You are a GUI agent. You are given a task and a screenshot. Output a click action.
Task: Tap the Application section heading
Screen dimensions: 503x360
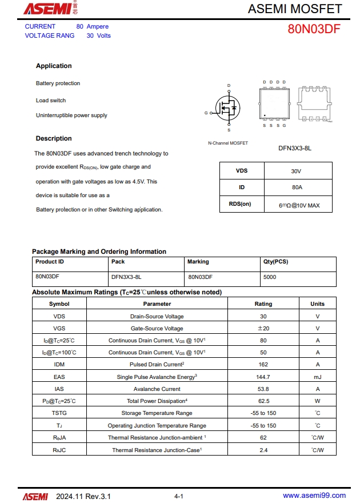click(54, 66)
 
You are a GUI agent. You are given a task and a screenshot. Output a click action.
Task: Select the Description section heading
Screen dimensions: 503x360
click(54, 139)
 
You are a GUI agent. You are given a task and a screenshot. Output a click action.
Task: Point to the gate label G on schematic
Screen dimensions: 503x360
click(206, 113)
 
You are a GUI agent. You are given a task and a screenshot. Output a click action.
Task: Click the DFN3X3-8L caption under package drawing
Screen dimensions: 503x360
click(294, 149)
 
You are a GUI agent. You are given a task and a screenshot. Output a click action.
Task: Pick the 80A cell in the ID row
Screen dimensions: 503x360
click(297, 187)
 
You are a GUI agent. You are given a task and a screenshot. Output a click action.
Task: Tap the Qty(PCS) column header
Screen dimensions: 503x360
click(275, 262)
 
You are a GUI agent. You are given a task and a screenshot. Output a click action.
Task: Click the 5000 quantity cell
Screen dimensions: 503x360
click(270, 277)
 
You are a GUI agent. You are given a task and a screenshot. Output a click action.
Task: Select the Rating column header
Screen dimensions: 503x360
click(263, 304)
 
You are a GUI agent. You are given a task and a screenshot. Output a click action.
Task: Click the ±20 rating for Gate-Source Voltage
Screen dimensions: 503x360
click(263, 329)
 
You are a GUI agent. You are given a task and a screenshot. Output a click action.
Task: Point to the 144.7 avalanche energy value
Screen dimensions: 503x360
click(263, 377)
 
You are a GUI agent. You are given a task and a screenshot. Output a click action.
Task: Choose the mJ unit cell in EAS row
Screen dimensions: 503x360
click(317, 377)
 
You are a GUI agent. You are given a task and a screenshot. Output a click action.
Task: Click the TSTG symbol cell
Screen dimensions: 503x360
click(59, 413)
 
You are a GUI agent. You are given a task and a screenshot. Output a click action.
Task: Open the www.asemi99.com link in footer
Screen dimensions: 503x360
click(314, 496)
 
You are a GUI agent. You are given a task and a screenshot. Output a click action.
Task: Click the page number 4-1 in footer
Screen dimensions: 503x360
click(178, 496)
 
